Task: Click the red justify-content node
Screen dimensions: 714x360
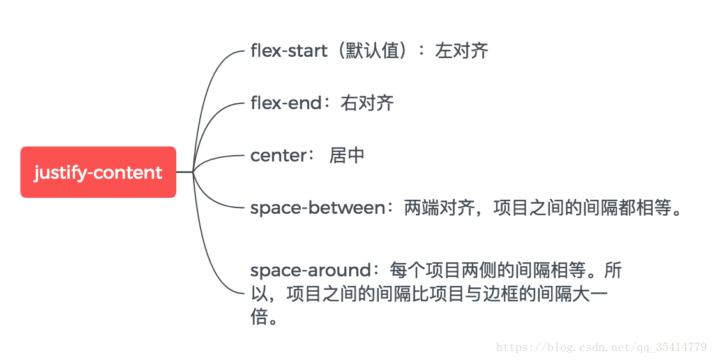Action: [98, 172]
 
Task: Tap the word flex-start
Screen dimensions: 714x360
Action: [288, 50]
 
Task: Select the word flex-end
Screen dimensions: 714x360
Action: [285, 103]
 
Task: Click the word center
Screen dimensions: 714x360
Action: [278, 155]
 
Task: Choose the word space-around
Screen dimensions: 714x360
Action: [310, 270]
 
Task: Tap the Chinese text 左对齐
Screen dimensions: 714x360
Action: [462, 50]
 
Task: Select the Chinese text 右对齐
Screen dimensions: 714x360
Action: [368, 103]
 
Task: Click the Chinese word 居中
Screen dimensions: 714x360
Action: [347, 155]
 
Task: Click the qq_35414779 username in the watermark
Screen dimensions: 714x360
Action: [674, 347]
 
